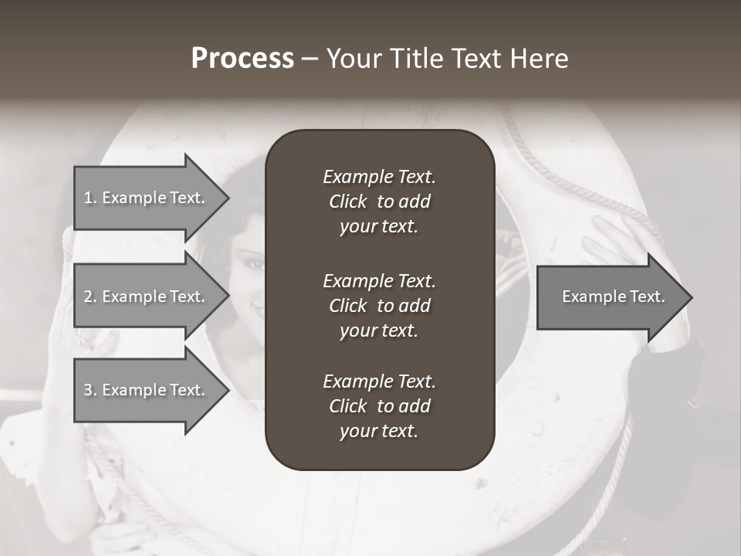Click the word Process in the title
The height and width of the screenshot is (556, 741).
point(242,59)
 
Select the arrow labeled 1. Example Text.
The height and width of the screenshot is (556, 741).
point(147,198)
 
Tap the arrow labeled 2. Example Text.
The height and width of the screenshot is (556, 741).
point(147,297)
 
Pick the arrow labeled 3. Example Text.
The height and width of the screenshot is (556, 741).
point(147,390)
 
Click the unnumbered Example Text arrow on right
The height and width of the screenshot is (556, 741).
point(610,297)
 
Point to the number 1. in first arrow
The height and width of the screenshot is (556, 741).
point(90,198)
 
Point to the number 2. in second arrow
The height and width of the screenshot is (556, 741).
point(90,297)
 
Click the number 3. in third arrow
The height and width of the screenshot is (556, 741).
point(90,390)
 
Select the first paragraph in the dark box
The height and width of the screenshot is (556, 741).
point(379,202)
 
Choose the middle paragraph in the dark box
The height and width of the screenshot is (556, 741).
point(379,306)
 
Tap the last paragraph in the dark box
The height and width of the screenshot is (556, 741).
point(379,406)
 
